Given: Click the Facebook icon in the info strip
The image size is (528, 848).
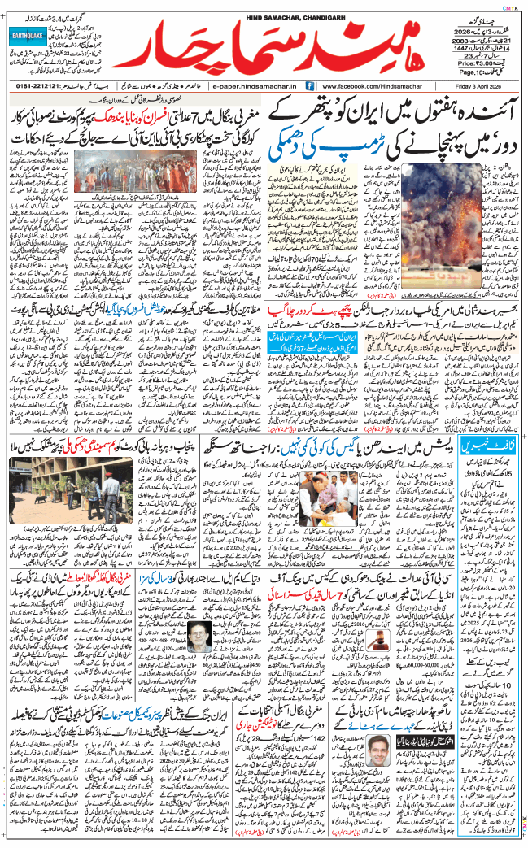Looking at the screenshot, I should click(x=309, y=85).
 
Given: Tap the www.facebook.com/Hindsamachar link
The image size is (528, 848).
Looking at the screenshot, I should click(x=370, y=85).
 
